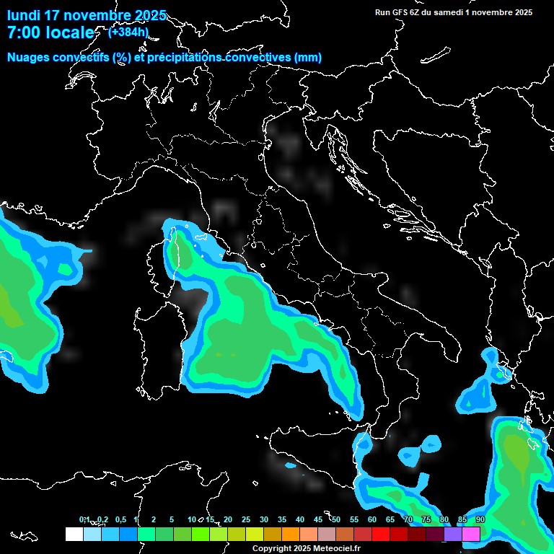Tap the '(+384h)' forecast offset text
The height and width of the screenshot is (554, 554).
tap(128, 32)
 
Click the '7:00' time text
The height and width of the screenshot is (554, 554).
tap(22, 32)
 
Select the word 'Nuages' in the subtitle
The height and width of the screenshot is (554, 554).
tap(29, 58)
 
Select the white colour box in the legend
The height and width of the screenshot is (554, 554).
tap(74, 534)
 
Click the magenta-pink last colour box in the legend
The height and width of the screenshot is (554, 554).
tap(471, 534)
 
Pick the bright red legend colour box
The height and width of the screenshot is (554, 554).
tap(381, 534)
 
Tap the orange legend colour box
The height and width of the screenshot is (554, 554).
tap(291, 534)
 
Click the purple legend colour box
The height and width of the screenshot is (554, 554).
tap(453, 534)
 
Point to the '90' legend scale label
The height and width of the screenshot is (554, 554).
tap(480, 520)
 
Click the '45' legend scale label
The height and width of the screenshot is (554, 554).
tap(318, 520)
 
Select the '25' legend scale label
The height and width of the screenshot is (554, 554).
tap(246, 520)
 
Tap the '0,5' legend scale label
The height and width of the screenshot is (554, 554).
tap(120, 520)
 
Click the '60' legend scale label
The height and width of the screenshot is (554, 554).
tap(372, 520)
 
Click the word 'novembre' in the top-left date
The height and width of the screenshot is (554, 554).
tap(98, 15)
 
